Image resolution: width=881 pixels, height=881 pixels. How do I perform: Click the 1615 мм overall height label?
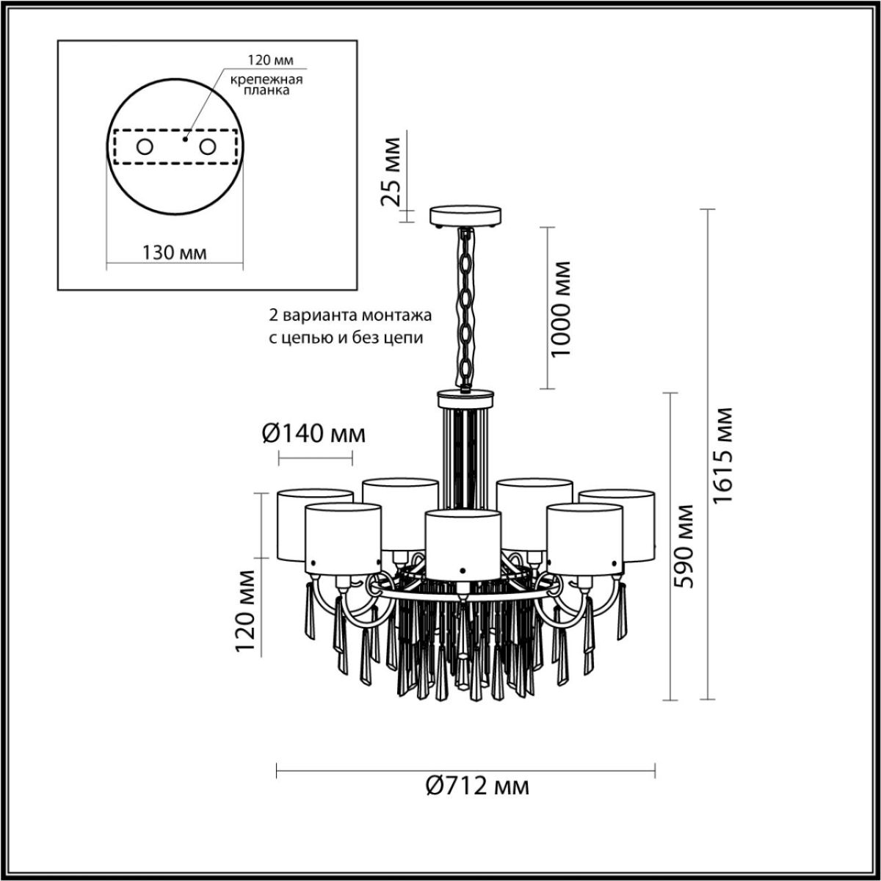(x=724, y=454)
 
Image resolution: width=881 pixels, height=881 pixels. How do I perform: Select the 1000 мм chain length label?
(x=562, y=308)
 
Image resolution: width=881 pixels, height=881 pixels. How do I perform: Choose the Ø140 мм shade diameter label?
(x=313, y=434)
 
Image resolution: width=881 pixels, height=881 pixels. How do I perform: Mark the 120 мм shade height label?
(x=246, y=612)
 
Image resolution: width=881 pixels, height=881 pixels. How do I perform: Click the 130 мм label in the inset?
(x=174, y=253)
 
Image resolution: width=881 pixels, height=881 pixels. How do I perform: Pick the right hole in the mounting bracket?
(x=209, y=147)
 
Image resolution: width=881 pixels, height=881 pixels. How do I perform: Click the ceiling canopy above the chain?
(x=465, y=216)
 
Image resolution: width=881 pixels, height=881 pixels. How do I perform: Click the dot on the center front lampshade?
(x=463, y=569)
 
